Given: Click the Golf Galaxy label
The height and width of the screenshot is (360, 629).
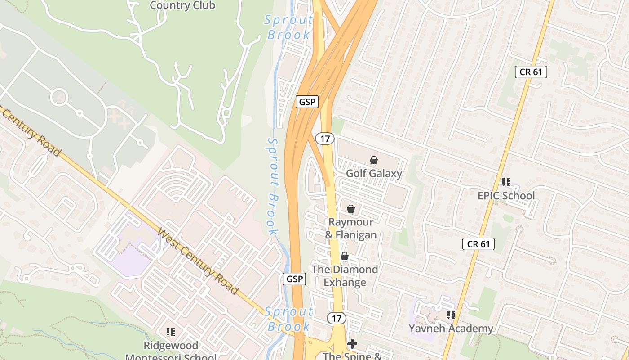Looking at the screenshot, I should [x=374, y=173].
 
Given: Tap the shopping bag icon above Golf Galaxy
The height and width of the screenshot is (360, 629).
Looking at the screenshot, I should [x=373, y=160].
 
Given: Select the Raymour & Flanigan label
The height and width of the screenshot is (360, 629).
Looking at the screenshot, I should [x=351, y=228].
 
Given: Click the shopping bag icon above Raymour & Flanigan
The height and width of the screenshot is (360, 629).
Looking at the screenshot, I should [x=351, y=209].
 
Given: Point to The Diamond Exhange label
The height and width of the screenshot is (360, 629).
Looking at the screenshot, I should [x=345, y=276].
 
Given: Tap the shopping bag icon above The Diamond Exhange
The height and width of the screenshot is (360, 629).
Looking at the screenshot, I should [x=345, y=256].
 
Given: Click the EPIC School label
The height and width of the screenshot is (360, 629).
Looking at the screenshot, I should [x=506, y=196].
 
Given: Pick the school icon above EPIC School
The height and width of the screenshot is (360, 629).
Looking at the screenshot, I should [x=506, y=182].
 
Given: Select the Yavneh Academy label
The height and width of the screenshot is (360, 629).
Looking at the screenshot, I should [x=451, y=328].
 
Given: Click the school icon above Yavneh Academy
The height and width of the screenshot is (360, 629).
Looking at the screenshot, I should [x=451, y=315].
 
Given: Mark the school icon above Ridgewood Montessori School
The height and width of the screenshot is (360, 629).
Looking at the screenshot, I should [x=171, y=332].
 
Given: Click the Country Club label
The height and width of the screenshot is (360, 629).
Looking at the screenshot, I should [x=182, y=5].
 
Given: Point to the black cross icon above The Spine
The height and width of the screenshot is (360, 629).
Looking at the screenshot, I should [x=352, y=344].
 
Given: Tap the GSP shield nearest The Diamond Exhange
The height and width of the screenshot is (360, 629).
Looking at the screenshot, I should [x=295, y=279].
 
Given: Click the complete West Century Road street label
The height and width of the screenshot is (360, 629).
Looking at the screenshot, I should [x=198, y=261].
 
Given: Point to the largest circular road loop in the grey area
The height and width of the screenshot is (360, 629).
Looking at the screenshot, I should [x=59, y=97].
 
